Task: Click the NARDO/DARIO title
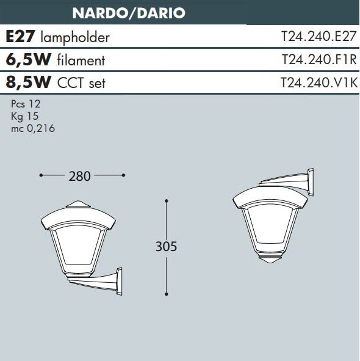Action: tap(129, 13)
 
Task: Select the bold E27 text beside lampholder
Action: tap(20, 37)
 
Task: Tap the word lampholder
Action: tap(75, 38)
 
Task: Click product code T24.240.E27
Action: tap(319, 37)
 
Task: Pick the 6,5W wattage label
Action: tap(28, 60)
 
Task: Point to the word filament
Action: tap(81, 60)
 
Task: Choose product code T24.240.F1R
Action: tap(319, 60)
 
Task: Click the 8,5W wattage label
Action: tap(28, 82)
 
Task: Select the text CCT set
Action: tap(81, 83)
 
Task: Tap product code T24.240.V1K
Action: tap(319, 82)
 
